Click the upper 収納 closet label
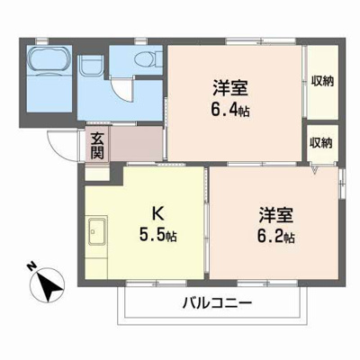pos(320,80)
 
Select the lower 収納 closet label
pos(320,141)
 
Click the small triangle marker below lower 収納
pos(315,167)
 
